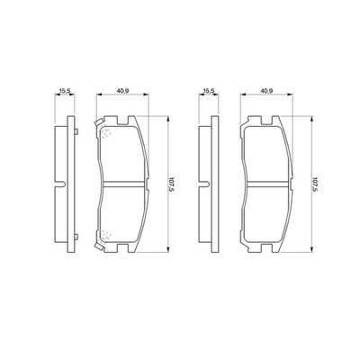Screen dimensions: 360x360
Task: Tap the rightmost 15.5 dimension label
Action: coord(209,90)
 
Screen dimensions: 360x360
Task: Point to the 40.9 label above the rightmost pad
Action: coord(266,90)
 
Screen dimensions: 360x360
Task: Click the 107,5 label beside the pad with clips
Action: coord(172,184)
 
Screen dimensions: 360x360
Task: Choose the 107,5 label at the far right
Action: coord(316,184)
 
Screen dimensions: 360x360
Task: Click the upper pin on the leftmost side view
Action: coord(76,131)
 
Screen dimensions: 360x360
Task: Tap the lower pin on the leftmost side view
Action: coord(76,237)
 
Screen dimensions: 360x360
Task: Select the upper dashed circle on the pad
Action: coord(105,132)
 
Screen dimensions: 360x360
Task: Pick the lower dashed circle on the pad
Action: coord(105,235)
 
